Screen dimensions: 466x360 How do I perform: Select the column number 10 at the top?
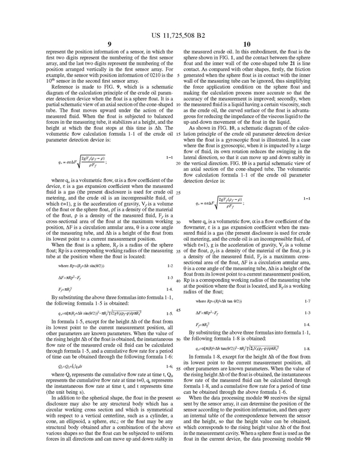[255, 43]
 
